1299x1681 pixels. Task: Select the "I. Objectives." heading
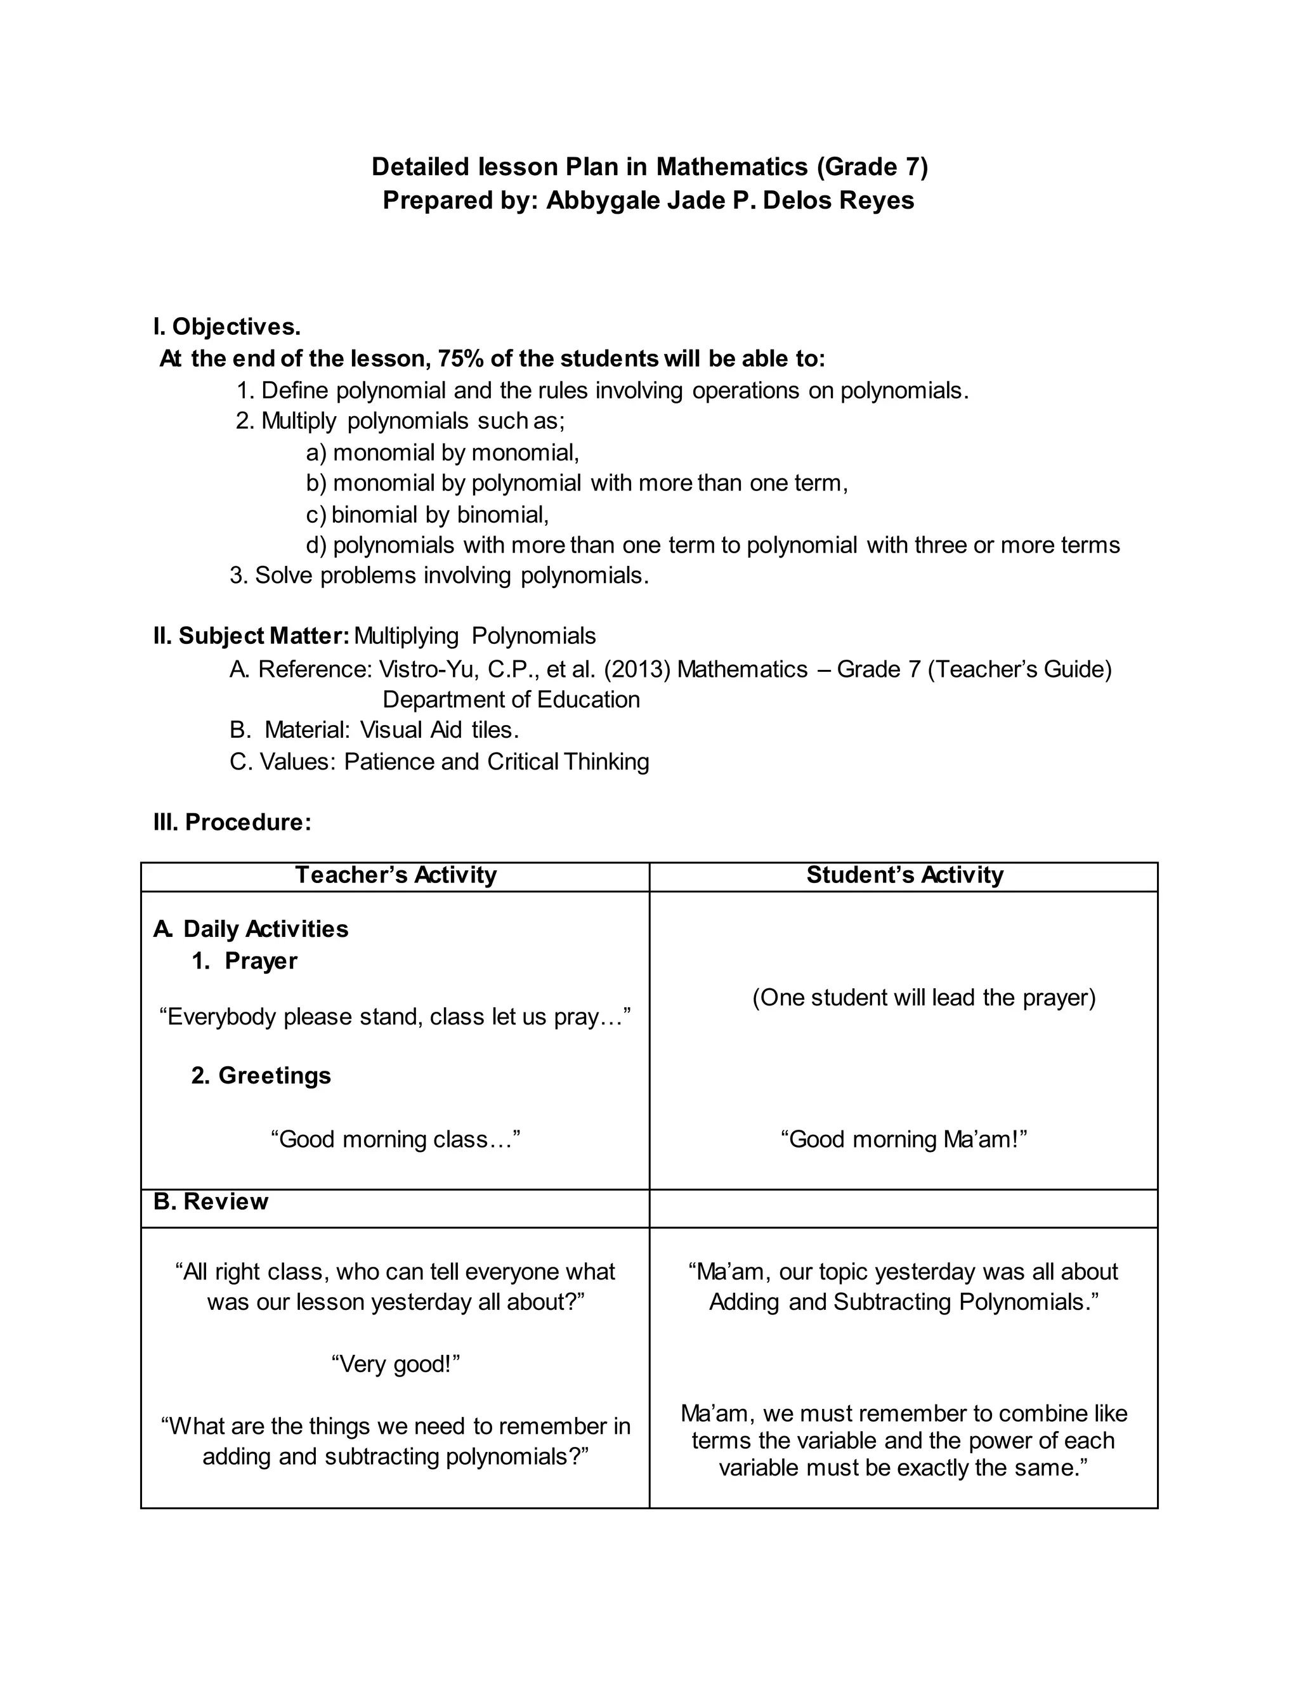[x=227, y=327]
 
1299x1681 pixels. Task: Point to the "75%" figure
[x=460, y=358]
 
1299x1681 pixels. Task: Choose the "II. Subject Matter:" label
[x=252, y=636]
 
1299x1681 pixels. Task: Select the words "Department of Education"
[x=511, y=700]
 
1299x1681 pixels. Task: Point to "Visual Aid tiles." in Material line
[x=440, y=729]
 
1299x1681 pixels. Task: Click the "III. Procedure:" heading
[x=232, y=822]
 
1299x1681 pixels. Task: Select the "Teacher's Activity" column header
[x=396, y=875]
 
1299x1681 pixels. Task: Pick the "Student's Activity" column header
[x=904, y=875]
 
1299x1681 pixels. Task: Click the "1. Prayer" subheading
[x=245, y=961]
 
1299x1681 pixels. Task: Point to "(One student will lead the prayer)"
[x=924, y=998]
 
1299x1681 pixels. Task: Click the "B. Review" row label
[x=211, y=1201]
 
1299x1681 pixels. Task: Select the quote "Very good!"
[x=396, y=1364]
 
